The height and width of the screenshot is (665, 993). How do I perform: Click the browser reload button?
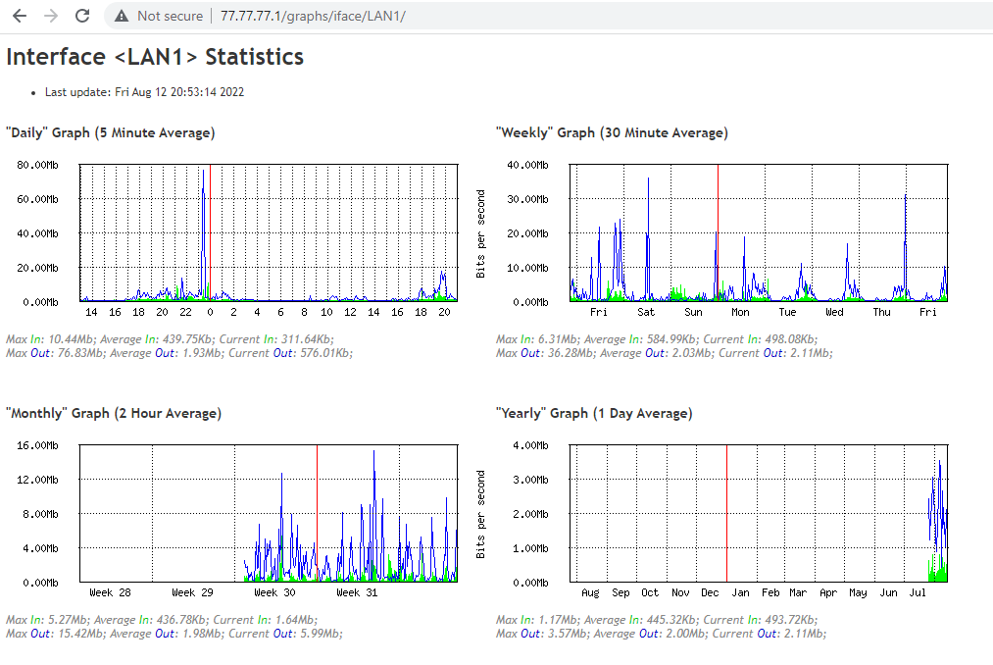coord(83,16)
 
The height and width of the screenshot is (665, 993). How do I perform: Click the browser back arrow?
coord(19,16)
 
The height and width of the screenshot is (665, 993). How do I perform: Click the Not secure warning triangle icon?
coord(122,16)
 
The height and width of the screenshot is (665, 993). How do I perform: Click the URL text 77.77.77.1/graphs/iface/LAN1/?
coord(313,17)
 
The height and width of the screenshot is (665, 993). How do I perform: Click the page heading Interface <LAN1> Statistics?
coord(155,57)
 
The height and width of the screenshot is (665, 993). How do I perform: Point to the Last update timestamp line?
coord(144,92)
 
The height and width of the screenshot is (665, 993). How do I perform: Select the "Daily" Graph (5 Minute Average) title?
coord(110,132)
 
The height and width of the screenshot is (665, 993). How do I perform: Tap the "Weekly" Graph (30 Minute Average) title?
coord(612,132)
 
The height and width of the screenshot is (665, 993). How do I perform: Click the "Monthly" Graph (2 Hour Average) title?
coord(114,413)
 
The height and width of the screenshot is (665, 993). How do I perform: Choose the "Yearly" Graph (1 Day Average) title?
coord(594,413)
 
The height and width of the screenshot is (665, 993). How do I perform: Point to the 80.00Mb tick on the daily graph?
coord(37,165)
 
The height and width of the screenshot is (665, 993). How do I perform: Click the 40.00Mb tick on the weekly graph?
coord(526,165)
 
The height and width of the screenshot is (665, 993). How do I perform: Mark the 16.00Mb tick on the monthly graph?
coord(37,445)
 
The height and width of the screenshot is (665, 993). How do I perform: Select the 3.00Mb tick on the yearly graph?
coord(529,480)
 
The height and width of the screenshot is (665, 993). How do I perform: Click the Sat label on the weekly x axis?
coord(646,312)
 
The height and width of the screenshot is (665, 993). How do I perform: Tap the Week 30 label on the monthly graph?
coord(274,592)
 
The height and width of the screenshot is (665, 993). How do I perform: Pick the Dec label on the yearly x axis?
coord(711,592)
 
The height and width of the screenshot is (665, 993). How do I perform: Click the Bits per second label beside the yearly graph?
coord(480,514)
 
